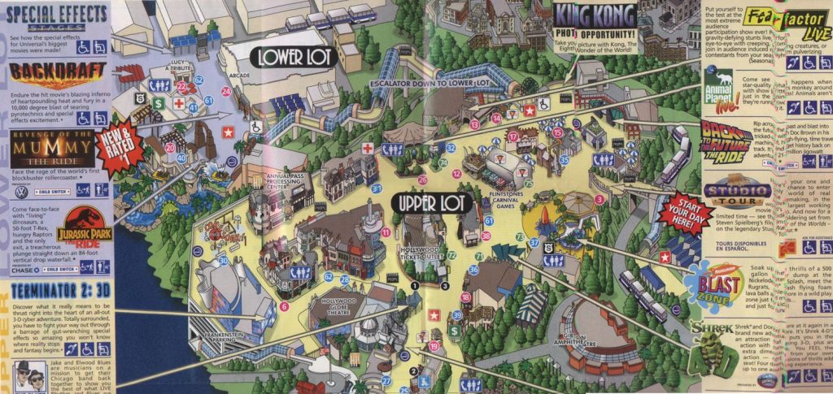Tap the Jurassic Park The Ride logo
tap(84, 227)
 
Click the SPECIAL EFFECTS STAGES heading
tap(55, 16)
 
